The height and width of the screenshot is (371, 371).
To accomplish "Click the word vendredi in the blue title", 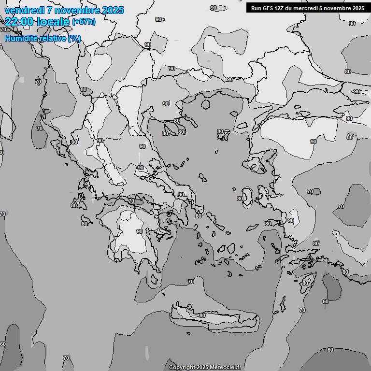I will (24, 10).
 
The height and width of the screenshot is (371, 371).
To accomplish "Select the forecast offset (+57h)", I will (84, 22).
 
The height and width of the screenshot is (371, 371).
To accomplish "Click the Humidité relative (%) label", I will (43, 38).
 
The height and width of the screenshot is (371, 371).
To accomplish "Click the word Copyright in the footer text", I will (182, 367).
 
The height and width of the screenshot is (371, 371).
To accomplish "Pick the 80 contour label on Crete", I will (202, 315).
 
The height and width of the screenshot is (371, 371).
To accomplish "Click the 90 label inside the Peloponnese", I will (140, 231).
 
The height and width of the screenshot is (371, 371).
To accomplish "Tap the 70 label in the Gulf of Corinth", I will (131, 201).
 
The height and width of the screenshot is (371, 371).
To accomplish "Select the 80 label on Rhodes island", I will (305, 282).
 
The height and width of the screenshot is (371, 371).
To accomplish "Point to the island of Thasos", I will (205, 104).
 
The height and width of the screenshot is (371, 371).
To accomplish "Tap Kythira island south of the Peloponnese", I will (154, 279).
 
